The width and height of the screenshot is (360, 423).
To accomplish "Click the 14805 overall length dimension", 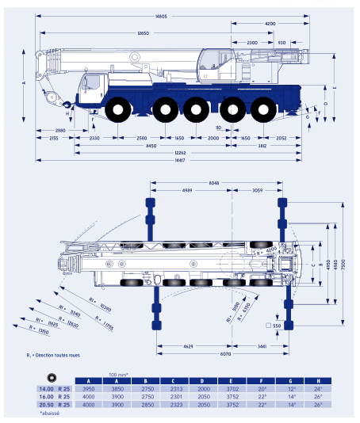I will coord(161,16).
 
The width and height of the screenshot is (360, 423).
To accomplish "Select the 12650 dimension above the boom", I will coord(143,33).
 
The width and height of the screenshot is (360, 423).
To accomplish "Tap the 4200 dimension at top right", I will coord(270,24).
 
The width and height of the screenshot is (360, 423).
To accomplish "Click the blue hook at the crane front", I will coord(67,104).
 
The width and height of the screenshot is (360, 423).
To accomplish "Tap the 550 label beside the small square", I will coord(277,326).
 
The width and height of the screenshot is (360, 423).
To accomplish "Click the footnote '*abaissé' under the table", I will coord(50,414).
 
